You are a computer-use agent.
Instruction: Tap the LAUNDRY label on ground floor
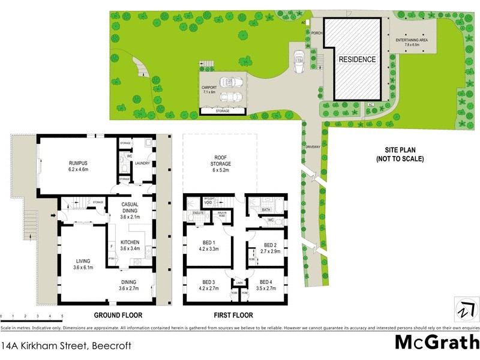pos(142,163)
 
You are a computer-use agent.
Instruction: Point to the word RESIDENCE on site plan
pos(357,59)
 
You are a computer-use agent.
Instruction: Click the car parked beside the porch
pos(299,59)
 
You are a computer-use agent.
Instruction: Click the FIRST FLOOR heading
pos(233,315)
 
